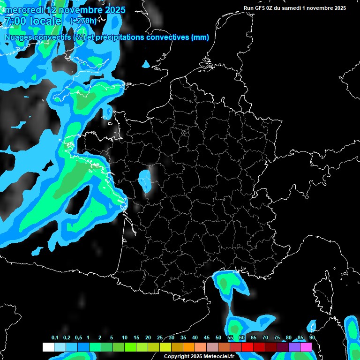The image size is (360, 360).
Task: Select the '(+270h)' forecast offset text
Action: pyautogui.click(x=84, y=21)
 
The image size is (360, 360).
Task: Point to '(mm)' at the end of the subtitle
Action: pyautogui.click(x=201, y=37)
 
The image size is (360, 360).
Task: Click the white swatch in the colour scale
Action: pyautogui.click(x=48, y=347)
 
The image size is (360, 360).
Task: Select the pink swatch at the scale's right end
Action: pyautogui.click(x=306, y=347)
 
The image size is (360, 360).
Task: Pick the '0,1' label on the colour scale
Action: pyautogui.click(x=55, y=338)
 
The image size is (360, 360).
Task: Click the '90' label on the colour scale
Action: pyautogui.click(x=312, y=338)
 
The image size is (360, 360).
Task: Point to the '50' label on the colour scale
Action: pyautogui.click(x=218, y=338)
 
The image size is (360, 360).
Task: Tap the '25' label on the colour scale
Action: pyautogui.click(x=160, y=338)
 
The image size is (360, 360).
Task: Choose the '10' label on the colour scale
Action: pyautogui.click(x=125, y=338)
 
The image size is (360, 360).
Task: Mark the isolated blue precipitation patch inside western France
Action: pyautogui.click(x=145, y=181)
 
